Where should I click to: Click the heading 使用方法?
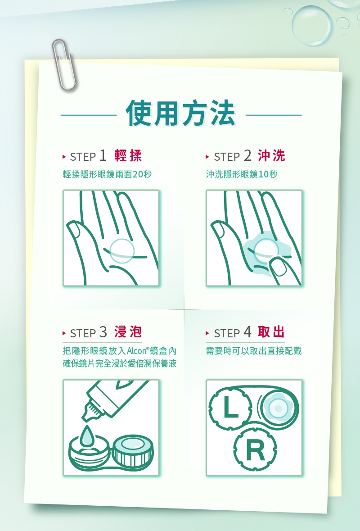[180, 113]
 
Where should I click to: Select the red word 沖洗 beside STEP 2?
[271, 156]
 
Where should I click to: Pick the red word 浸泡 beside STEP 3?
[128, 332]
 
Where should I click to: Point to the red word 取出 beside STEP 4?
[271, 332]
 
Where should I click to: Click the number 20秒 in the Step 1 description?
[142, 174]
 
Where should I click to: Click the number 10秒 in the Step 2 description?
[268, 174]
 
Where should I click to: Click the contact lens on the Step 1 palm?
[122, 251]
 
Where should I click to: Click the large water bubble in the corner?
[311, 26]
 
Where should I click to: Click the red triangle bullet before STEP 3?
[64, 333]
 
